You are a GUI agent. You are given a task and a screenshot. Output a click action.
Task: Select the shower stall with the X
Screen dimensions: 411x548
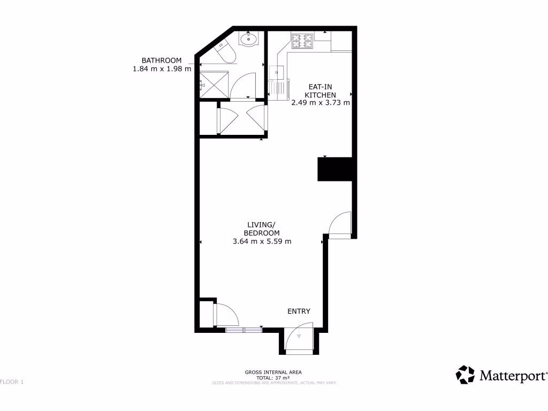pos(212,85)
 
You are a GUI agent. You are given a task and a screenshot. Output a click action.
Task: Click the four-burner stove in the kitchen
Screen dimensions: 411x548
pos(302,39)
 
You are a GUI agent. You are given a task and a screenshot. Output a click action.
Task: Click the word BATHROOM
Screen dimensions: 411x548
pos(161,60)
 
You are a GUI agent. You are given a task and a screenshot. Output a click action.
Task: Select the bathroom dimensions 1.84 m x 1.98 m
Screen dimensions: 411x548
pos(162,69)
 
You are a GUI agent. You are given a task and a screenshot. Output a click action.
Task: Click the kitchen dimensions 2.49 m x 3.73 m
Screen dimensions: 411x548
pos(321,103)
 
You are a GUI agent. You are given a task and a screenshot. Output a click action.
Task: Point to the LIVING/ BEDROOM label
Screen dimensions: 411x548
pos(262,229)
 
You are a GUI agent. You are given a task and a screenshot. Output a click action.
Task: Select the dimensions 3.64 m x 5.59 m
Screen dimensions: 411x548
pos(262,241)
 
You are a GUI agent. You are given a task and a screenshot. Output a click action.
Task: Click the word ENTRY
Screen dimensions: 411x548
pos(299,311)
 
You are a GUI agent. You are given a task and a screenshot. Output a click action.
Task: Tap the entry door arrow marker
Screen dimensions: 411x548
pos(299,336)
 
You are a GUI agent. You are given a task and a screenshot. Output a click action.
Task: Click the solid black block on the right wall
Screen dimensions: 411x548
pos(335,170)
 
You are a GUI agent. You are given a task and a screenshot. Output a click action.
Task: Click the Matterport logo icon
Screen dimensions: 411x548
pos(465,375)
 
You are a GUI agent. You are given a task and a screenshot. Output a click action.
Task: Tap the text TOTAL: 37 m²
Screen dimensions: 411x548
pos(273,377)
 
